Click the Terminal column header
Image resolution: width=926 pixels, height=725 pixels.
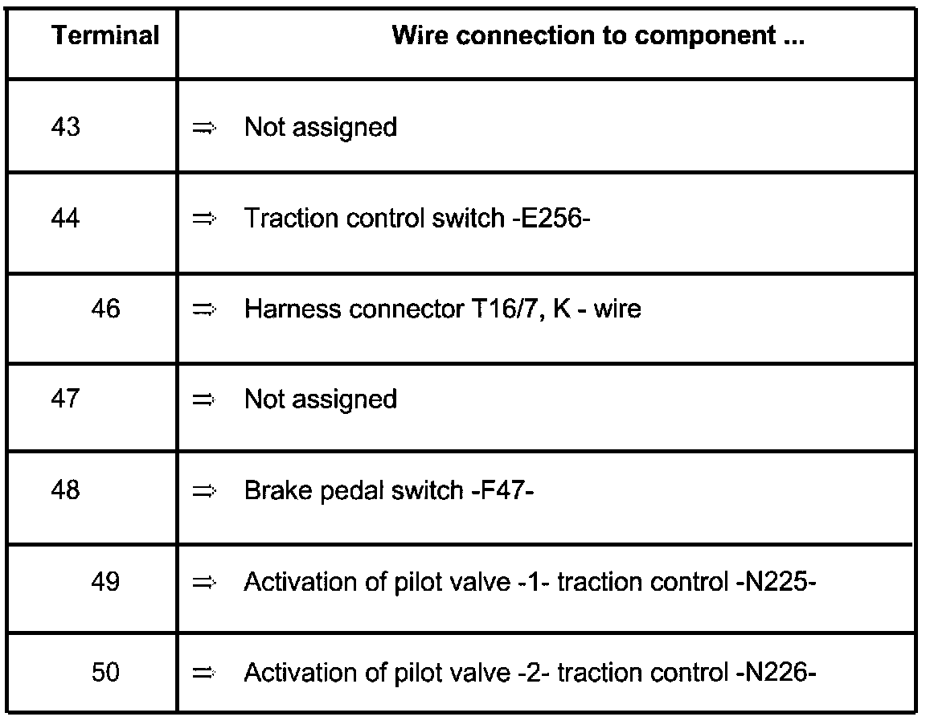pyautogui.click(x=106, y=35)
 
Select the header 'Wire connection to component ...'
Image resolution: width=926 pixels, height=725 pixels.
pyautogui.click(x=598, y=35)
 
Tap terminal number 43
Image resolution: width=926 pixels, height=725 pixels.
pyautogui.click(x=66, y=126)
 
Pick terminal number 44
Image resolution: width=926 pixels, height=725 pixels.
pyautogui.click(x=66, y=218)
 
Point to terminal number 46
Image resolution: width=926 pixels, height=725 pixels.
pyautogui.click(x=106, y=308)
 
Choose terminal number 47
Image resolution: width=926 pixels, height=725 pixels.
pyautogui.click(x=66, y=399)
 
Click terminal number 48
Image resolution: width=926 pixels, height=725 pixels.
pyautogui.click(x=66, y=490)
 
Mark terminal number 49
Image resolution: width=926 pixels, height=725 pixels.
pyautogui.click(x=106, y=582)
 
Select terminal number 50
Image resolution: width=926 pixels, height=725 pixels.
pyautogui.click(x=106, y=672)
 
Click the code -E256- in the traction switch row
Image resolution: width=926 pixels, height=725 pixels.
pyautogui.click(x=551, y=218)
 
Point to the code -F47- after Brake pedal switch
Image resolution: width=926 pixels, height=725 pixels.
pyautogui.click(x=502, y=490)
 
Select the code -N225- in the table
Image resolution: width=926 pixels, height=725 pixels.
pyautogui.click(x=776, y=582)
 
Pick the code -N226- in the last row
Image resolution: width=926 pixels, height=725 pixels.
pyautogui.click(x=776, y=672)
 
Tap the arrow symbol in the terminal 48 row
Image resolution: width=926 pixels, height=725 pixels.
pyautogui.click(x=204, y=491)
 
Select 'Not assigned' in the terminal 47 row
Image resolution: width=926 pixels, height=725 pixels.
pyautogui.click(x=321, y=399)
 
